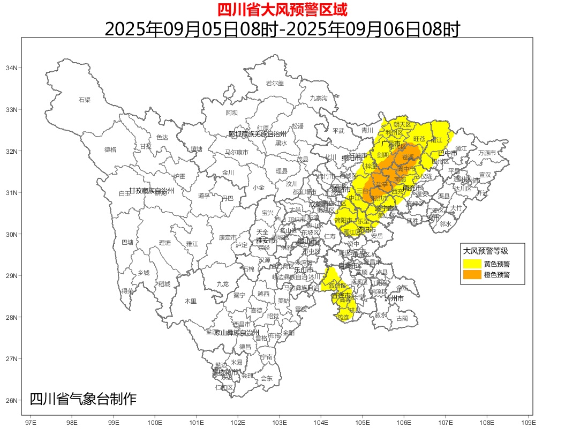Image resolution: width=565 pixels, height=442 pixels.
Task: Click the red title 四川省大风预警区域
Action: coord(282,10)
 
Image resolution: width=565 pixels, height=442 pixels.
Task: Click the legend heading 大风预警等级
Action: coord(485,251)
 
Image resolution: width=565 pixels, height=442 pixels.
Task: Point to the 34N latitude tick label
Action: coord(11,68)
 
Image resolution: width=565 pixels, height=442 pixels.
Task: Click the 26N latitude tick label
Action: coord(11,400)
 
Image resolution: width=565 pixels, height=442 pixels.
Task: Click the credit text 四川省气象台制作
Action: coord(83,399)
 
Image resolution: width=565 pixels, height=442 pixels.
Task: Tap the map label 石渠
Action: coord(85,100)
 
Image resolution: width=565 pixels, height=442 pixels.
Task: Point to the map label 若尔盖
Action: coord(275,83)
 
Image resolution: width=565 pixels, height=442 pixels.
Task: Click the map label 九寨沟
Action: coord(319,98)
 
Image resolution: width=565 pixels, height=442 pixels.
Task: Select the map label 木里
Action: coord(191,301)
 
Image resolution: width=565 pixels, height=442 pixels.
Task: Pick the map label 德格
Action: coord(110,149)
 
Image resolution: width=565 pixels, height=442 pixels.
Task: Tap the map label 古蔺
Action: coord(402,318)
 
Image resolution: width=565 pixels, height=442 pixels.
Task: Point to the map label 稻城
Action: coord(164,284)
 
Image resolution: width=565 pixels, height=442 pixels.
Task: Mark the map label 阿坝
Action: coord(231,113)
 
